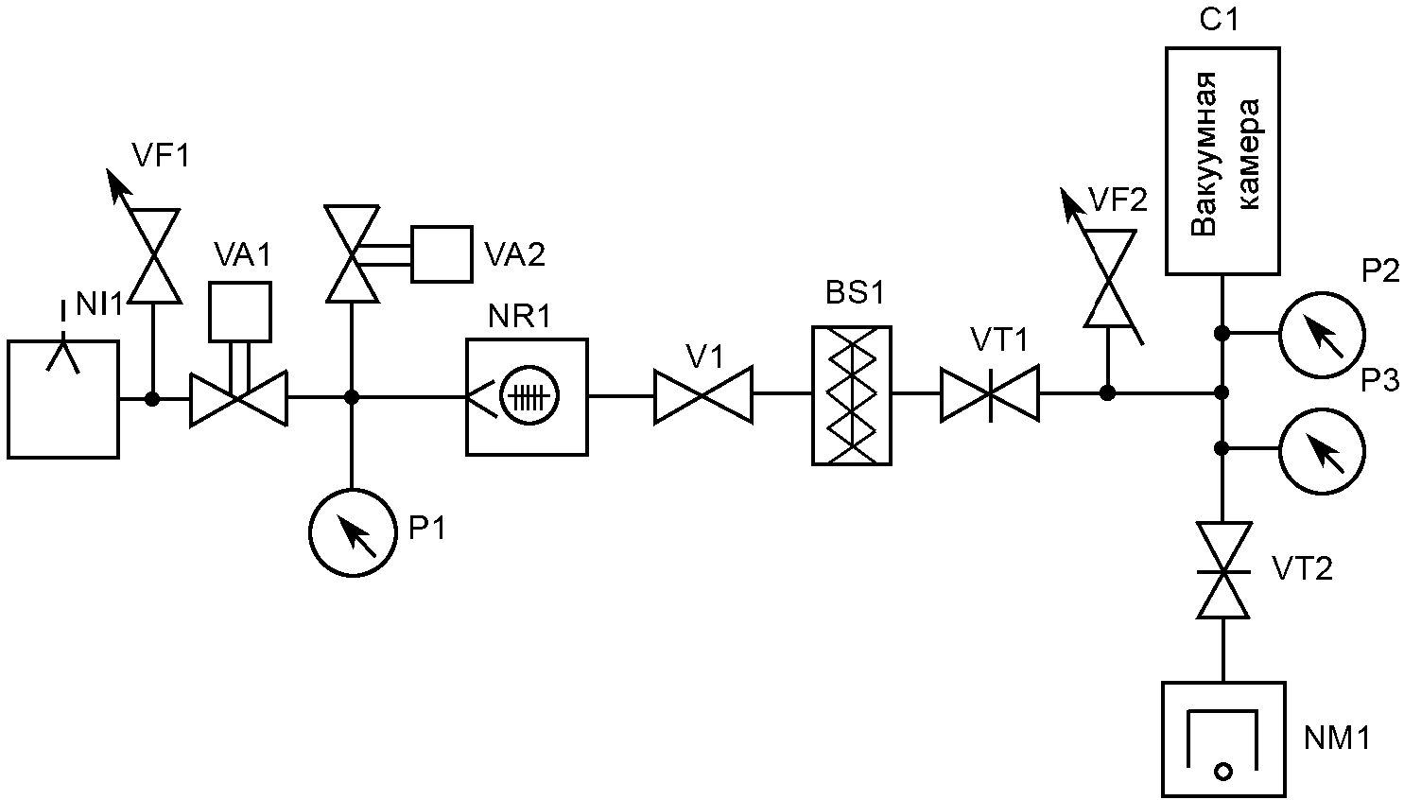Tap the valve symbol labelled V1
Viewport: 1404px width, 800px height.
[702, 395]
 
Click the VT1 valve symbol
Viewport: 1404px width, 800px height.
[990, 393]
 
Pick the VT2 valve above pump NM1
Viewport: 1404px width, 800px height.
[1223, 571]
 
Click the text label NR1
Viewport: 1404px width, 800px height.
[520, 317]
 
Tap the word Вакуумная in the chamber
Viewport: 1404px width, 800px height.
[1204, 163]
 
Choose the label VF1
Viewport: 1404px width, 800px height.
[161, 154]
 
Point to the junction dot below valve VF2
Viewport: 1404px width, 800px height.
[1108, 393]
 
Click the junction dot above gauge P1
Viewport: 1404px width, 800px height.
[352, 397]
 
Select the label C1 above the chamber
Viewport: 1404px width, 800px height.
[1219, 21]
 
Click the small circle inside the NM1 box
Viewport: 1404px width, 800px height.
[1223, 771]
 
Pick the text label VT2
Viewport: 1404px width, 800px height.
[1302, 568]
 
